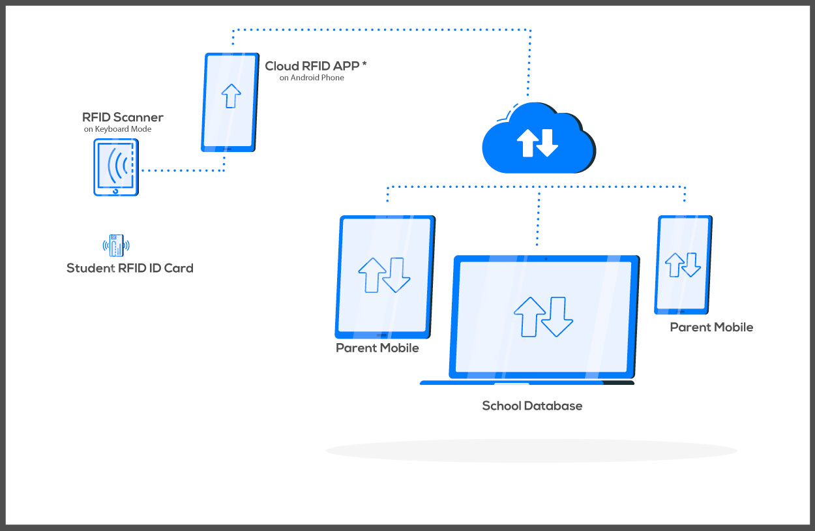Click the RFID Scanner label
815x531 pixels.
pos(123,117)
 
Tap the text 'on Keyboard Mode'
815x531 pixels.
pos(117,129)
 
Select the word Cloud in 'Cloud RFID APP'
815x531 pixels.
pos(281,66)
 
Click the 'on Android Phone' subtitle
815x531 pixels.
pos(312,78)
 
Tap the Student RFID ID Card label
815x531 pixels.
pos(130,268)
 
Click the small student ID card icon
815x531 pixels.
pos(116,245)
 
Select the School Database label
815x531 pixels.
pos(532,406)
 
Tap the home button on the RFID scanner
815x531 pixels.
pos(116,191)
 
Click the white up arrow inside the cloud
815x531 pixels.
pos(526,143)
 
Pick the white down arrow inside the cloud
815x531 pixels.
pos(547,143)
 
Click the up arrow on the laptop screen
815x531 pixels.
pos(529,316)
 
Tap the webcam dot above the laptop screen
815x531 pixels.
pos(546,259)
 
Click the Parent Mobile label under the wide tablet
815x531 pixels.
pos(378,348)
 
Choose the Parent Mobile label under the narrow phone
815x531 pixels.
pos(711,327)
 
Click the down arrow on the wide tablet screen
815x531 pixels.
pos(396,275)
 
